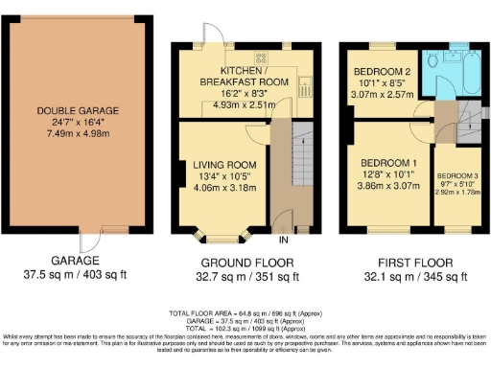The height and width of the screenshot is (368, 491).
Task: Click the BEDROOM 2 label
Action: point(382,73)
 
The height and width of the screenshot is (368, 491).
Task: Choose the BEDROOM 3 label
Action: point(456,177)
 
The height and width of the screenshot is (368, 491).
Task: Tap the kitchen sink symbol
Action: point(300,86)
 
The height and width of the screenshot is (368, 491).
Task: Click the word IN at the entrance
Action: point(284,239)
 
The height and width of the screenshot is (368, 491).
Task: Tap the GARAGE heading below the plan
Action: point(74,261)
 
